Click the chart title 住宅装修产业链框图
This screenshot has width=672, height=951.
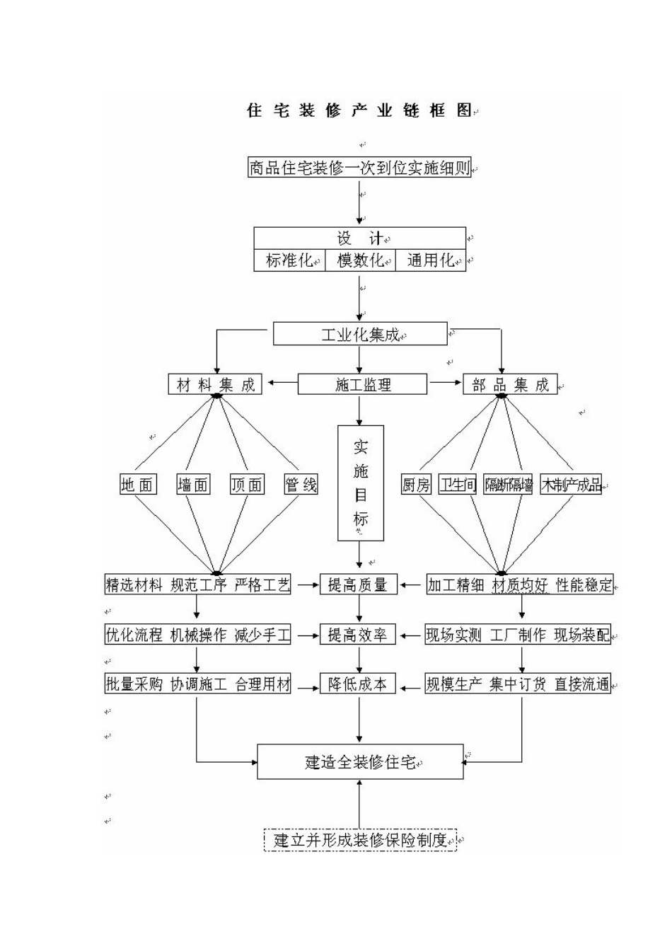coord(359,111)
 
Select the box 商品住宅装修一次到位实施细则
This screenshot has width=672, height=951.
coord(359,168)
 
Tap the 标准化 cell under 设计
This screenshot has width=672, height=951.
coord(289,260)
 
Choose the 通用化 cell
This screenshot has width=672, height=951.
coord(430,260)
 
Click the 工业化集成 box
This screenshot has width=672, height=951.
coord(360,334)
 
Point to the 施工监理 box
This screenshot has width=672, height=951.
coord(362,385)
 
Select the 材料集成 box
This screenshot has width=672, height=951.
coord(215,385)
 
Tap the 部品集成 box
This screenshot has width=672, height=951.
coord(510,385)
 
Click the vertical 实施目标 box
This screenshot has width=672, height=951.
coord(361,483)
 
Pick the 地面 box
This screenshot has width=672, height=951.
coord(137,485)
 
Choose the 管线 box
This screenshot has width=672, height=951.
coord(301,485)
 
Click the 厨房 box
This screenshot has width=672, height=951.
coord(416,485)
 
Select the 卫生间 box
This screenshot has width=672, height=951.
coord(458,485)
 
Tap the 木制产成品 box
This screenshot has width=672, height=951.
coord(571,485)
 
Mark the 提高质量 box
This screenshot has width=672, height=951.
coord(358,584)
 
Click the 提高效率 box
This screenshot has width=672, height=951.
coord(358,635)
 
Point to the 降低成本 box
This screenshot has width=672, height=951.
coord(358,684)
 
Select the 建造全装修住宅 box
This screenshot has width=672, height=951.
coord(360,762)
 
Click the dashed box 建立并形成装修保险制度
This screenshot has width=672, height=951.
coord(361,840)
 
